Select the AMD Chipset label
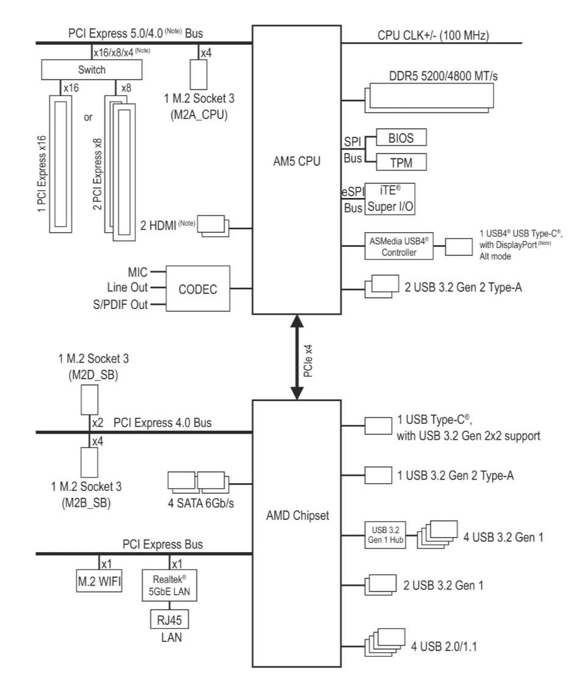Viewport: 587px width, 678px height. pos(297,515)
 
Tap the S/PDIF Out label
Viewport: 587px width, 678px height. pos(120,305)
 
